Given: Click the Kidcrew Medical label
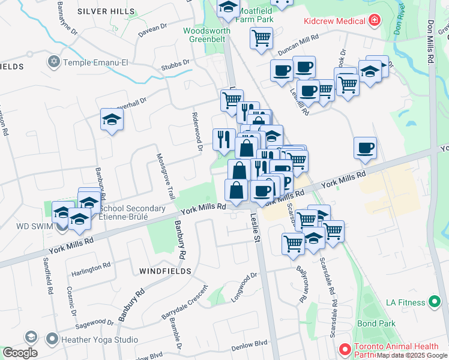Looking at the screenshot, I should click(x=335, y=22).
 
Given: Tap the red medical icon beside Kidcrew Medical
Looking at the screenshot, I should click(x=375, y=22).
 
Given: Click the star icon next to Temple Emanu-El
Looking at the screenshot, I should click(x=54, y=62).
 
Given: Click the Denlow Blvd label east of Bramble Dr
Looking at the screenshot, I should click(x=249, y=344).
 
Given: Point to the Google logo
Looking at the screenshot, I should click(x=20, y=353).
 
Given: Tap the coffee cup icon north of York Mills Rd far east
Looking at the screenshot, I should click(x=364, y=148).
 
